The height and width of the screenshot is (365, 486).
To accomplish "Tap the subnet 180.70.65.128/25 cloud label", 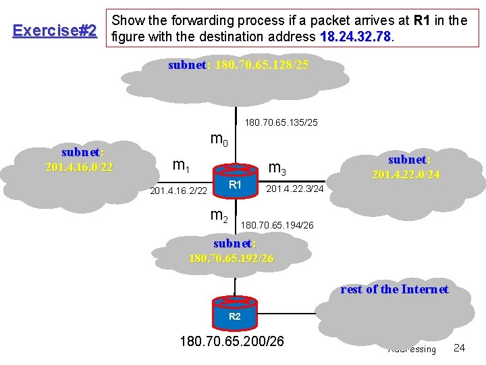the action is pos(238,66).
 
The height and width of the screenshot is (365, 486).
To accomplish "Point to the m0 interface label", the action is pos(220,141).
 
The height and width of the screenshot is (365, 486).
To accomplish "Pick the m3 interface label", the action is pos(277,167).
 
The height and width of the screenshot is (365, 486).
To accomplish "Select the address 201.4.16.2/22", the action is pos(178,191).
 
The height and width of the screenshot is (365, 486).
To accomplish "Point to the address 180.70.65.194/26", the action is pos(277,224).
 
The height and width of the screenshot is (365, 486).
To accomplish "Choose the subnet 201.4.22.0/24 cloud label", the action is pos(406,167).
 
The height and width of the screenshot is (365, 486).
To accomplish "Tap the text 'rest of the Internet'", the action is pos(394,289).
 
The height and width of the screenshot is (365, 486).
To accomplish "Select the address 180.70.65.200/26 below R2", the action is pos(232,341).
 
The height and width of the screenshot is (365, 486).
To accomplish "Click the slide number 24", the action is pos(459,347).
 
